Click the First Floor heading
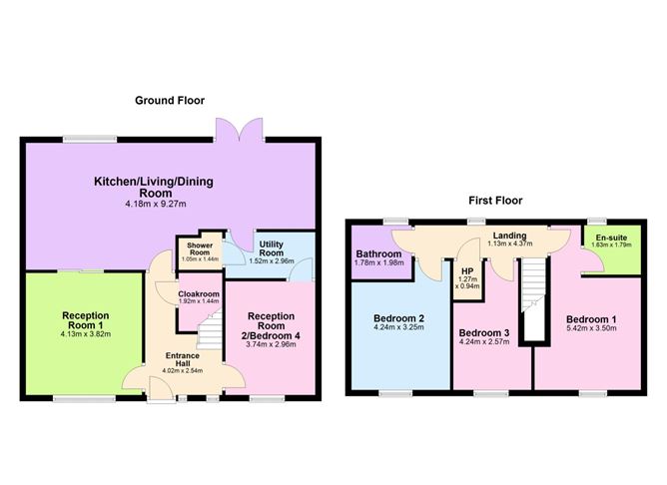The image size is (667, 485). coord(495,200)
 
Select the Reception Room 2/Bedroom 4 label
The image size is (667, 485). coord(272,327)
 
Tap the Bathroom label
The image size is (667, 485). coord(378,254)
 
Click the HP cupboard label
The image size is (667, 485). coord(465,270)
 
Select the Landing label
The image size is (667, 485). coord(508,236)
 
